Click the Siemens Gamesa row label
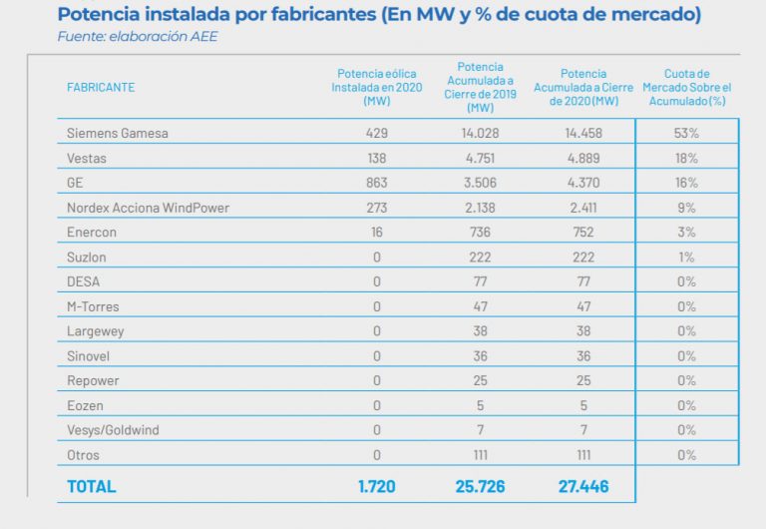(117, 134)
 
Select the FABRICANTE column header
(101, 87)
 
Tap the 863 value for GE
(376, 183)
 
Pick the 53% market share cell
(686, 134)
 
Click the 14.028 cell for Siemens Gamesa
(480, 134)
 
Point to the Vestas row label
(87, 159)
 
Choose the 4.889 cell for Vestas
(583, 159)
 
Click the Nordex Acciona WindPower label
(147, 208)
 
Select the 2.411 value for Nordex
(583, 208)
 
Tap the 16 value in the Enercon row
(376, 233)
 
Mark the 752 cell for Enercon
(583, 233)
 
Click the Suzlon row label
(87, 258)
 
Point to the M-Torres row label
(93, 306)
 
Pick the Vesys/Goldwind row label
(113, 430)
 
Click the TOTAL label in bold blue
(91, 487)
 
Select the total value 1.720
(376, 487)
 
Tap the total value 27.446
(583, 487)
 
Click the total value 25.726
(480, 487)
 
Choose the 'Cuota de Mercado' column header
(686, 87)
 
